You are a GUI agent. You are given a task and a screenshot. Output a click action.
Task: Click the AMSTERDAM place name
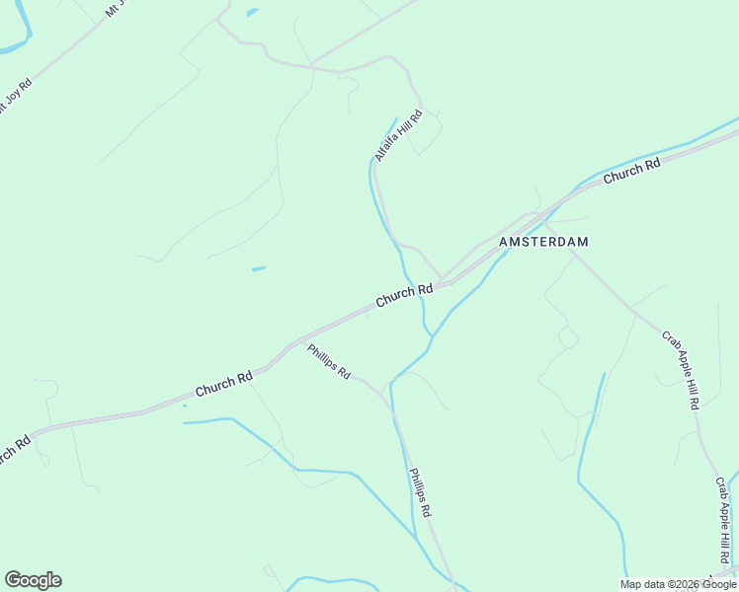(x=543, y=242)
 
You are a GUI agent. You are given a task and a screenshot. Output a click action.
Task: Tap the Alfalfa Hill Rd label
(x=398, y=135)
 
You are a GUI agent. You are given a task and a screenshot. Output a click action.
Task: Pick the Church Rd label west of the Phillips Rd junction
(x=223, y=384)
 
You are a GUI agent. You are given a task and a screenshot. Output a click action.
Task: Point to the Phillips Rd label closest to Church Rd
(x=329, y=361)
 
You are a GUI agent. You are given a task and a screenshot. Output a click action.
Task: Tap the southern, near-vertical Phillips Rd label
(x=420, y=494)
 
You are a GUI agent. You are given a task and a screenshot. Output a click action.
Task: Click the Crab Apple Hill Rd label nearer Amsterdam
(x=681, y=370)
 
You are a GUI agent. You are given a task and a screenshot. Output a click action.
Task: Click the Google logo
(x=33, y=580)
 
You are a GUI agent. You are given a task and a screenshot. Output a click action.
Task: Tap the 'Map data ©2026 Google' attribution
(x=679, y=584)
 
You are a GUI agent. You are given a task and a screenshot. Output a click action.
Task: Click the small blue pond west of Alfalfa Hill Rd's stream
(x=259, y=268)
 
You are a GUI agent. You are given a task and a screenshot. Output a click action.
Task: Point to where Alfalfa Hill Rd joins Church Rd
(x=442, y=281)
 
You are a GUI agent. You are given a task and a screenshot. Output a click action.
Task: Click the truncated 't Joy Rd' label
(x=15, y=97)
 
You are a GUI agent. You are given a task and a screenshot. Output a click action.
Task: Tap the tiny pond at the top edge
(x=252, y=12)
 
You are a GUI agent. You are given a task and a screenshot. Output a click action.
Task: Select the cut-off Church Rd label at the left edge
(x=14, y=449)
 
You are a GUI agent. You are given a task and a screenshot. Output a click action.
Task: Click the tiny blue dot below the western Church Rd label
(x=185, y=406)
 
